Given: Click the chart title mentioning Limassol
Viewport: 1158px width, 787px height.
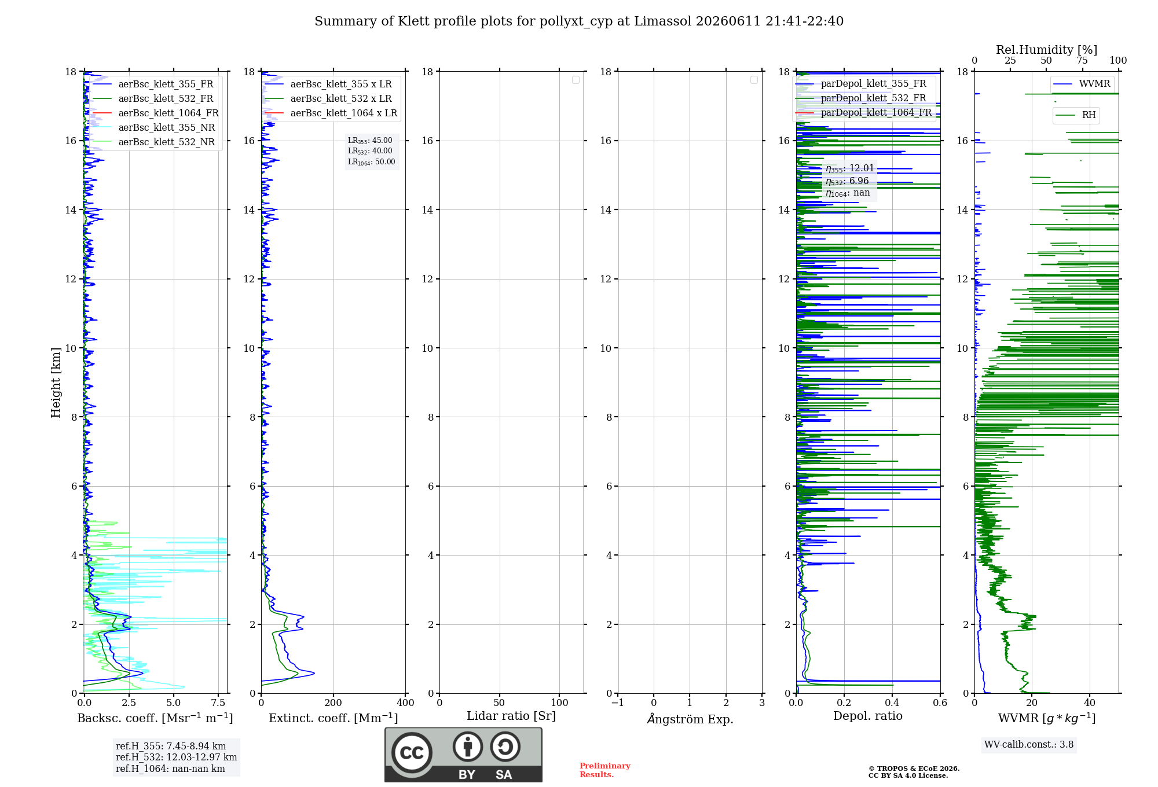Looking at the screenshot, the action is click(x=579, y=21).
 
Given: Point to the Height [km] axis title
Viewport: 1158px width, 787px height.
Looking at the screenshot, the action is click(x=56, y=383).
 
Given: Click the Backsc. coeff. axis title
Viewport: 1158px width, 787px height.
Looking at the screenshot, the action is click(x=155, y=718).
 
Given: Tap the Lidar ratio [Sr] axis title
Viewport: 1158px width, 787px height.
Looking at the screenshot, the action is click(x=511, y=716).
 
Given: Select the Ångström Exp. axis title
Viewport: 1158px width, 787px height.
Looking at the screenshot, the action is click(x=690, y=718).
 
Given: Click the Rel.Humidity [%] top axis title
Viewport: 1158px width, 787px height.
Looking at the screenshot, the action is click(x=1047, y=50).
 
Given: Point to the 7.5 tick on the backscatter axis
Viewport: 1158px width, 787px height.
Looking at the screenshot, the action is click(x=218, y=703).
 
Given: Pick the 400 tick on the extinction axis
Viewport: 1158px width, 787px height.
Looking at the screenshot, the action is click(x=405, y=703).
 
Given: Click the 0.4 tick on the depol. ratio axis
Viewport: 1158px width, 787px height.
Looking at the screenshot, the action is click(x=892, y=703).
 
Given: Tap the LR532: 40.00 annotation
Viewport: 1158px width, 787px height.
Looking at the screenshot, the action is click(x=370, y=151).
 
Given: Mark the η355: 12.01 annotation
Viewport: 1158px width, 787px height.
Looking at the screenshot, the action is click(x=850, y=168).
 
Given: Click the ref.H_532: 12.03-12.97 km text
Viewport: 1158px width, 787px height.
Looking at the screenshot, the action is click(x=176, y=757).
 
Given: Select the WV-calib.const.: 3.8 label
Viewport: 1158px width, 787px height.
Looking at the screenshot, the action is click(x=1029, y=745).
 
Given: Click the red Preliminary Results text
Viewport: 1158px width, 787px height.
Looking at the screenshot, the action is click(x=605, y=770).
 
